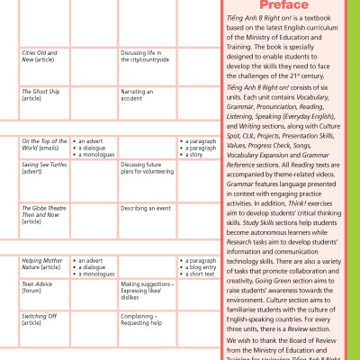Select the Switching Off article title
[x=40, y=320]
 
